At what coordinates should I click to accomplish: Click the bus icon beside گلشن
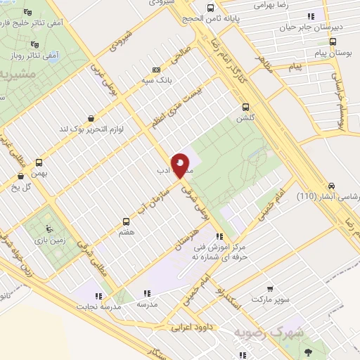pyautogui.click(x=245, y=107)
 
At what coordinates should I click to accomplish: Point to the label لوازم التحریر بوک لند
pyautogui.click(x=89, y=129)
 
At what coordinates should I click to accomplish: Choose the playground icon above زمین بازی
pyautogui.click(x=48, y=229)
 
